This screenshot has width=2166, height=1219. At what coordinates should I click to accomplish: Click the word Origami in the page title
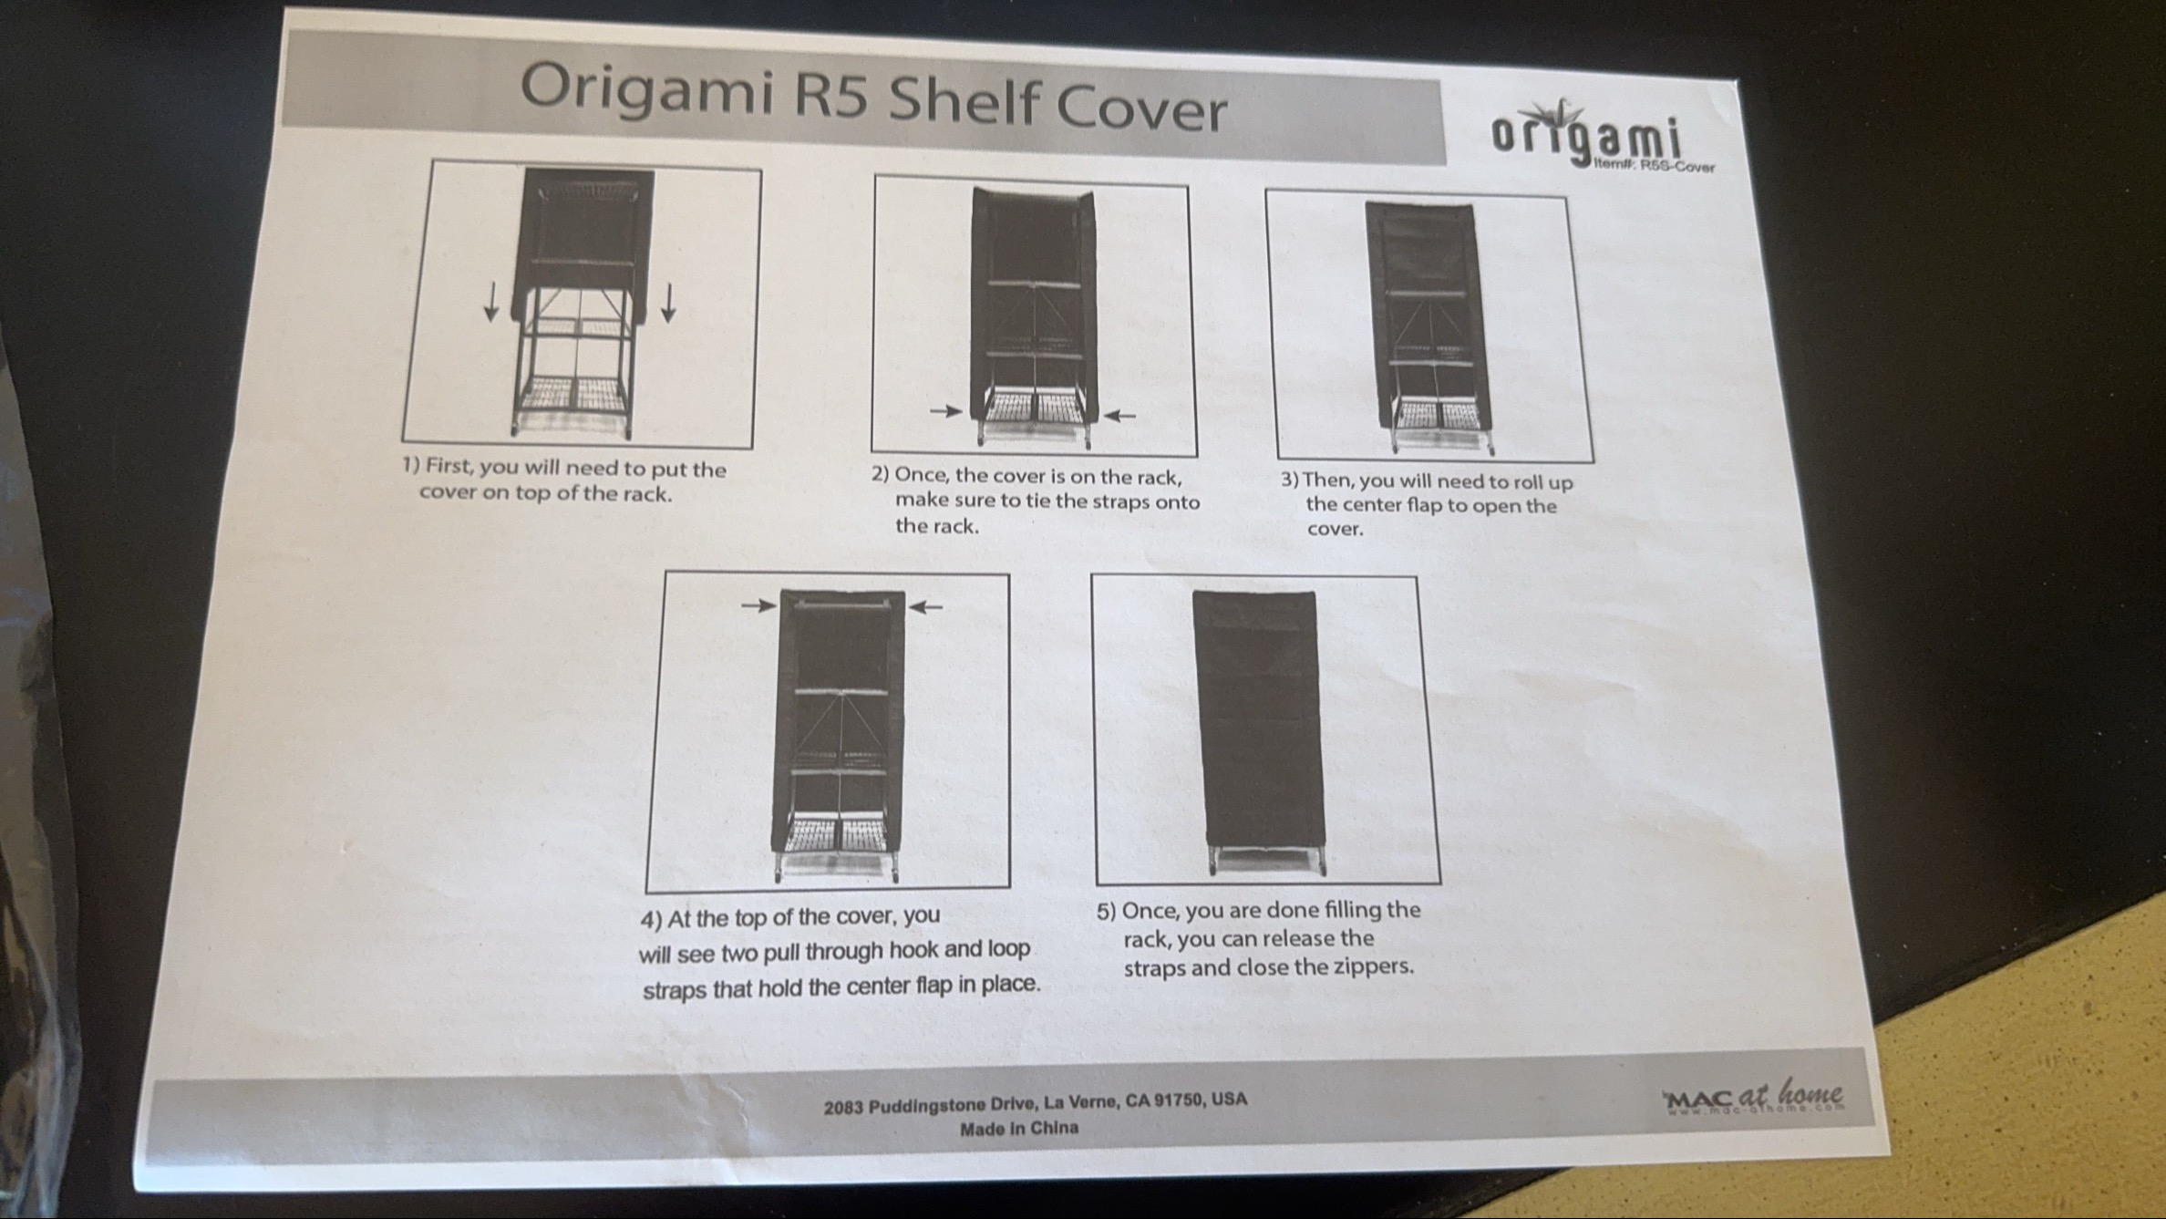(x=646, y=91)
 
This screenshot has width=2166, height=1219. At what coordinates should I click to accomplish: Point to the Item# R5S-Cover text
(x=1655, y=167)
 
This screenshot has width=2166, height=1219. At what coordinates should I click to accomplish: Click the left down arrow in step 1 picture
(x=491, y=302)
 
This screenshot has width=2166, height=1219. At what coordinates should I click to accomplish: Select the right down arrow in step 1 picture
(x=668, y=303)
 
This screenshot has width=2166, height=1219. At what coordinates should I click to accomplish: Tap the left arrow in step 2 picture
(x=945, y=411)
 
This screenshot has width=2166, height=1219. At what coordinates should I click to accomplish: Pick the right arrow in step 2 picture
(x=1119, y=416)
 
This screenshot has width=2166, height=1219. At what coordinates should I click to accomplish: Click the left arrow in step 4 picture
(x=758, y=604)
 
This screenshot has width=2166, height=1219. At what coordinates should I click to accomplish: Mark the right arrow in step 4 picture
(x=925, y=606)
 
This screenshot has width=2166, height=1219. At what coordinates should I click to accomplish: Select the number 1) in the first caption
(x=411, y=465)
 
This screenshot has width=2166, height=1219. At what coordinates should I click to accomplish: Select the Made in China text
(x=1019, y=1128)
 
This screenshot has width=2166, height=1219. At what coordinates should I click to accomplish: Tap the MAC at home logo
(x=1753, y=1096)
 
